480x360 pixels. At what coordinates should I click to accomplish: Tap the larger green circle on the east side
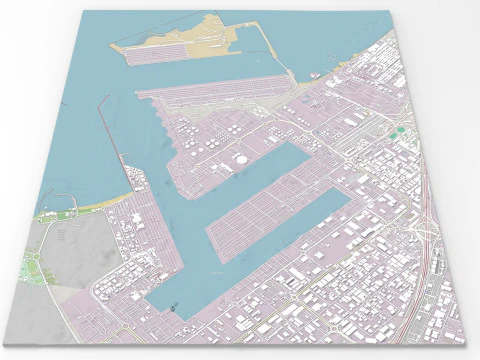click(x=399, y=131)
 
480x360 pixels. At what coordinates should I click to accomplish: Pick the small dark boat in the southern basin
click(x=172, y=309)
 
